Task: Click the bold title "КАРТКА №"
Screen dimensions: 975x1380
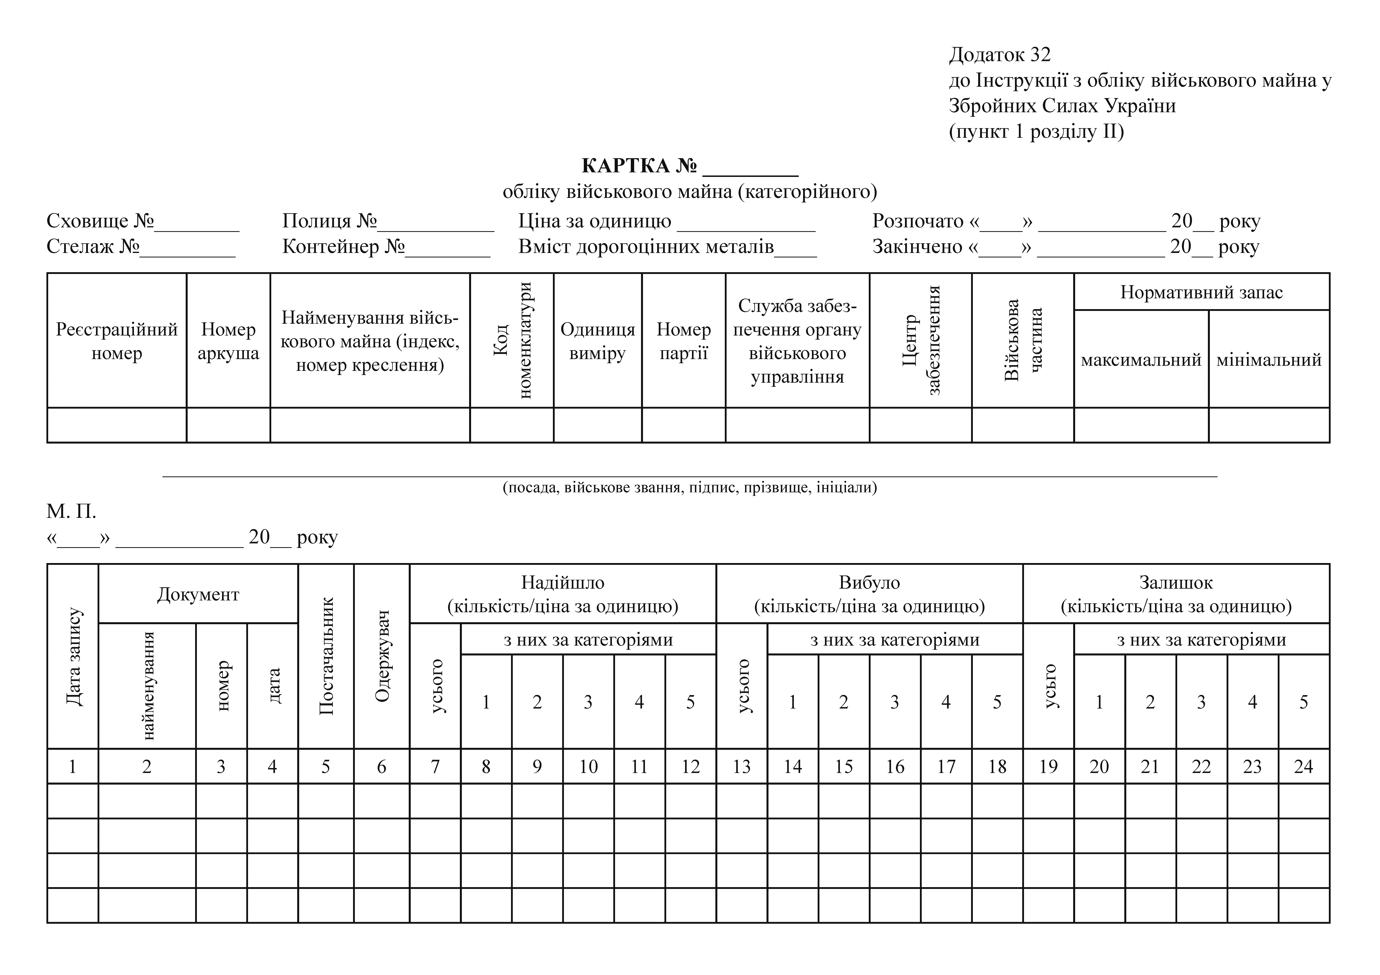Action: tap(639, 165)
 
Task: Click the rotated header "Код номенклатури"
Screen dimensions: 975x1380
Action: tap(511, 340)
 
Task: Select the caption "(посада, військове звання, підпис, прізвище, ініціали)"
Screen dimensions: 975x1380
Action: tap(689, 487)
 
